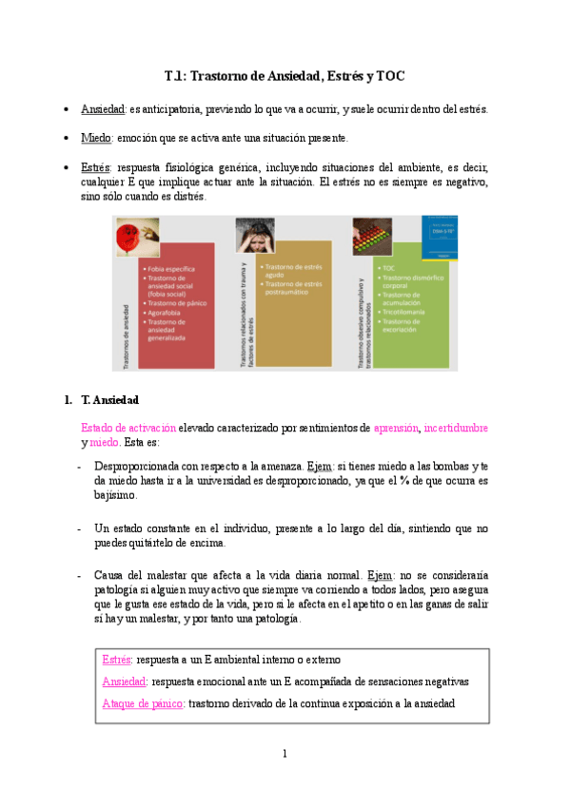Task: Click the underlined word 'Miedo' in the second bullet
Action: point(96,138)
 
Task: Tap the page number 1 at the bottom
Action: point(284,754)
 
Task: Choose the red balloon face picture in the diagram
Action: point(131,240)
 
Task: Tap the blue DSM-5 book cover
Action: point(439,237)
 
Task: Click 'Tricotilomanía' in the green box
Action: point(404,312)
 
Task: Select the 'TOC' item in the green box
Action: point(390,269)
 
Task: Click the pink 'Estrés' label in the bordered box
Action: point(117,659)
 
